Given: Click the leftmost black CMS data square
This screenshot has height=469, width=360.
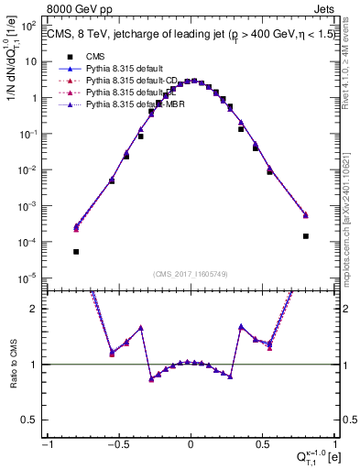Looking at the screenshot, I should [x=76, y=252].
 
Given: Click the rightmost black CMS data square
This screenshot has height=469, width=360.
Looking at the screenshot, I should [x=306, y=236].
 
